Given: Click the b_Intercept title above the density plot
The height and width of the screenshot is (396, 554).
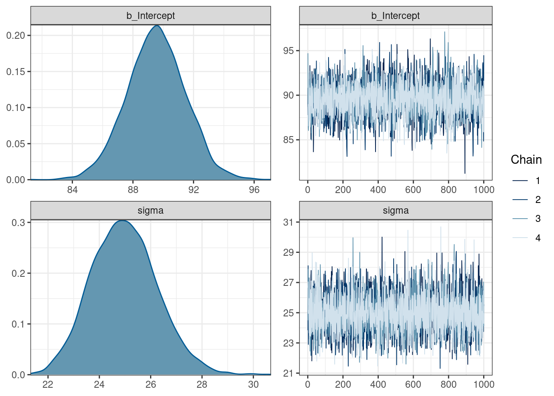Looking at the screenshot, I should click(150, 16).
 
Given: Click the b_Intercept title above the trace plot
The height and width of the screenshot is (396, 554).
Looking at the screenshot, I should click(395, 16).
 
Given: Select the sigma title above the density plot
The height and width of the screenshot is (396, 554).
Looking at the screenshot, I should click(150, 210).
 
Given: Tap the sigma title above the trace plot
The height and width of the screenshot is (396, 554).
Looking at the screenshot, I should click(395, 210).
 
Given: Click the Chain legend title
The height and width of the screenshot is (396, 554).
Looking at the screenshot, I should click(526, 160).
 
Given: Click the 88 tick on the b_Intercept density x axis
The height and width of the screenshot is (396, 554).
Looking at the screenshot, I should click(133, 190).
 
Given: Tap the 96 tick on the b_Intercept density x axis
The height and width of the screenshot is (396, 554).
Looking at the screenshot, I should click(254, 190).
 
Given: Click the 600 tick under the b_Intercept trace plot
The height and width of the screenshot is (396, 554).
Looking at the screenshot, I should click(413, 190).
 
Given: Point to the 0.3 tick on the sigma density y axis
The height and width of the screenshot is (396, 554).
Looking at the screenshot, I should click(19, 223).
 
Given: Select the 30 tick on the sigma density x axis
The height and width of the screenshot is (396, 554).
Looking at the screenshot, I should click(253, 384).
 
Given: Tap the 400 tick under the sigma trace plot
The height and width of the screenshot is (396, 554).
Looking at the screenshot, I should click(378, 384).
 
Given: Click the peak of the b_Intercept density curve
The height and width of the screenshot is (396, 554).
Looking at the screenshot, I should click(157, 26).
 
